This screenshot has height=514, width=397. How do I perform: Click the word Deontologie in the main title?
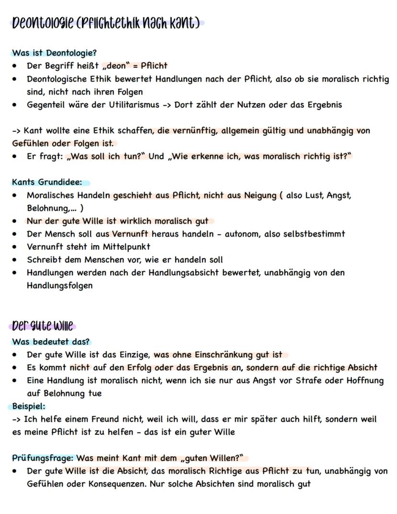42,23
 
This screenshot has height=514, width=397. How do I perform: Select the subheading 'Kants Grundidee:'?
47,183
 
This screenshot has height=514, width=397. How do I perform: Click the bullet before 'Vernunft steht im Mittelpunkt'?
16,247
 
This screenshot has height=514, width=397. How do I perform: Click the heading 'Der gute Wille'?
42,327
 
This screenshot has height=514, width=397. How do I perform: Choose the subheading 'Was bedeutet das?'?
51,342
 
